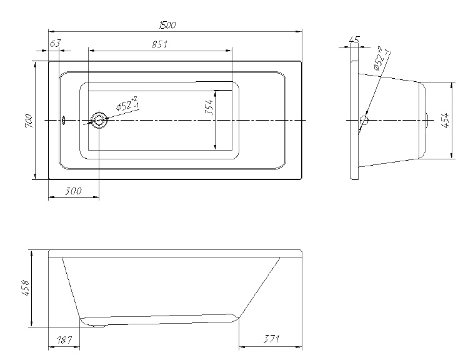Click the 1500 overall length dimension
(x=167, y=25)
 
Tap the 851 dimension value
(x=159, y=44)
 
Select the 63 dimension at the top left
(x=55, y=44)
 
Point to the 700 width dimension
(x=29, y=121)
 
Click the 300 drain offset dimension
(x=73, y=191)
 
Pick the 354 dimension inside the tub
(x=209, y=107)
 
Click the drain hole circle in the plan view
(x=99, y=121)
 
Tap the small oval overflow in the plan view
(x=63, y=121)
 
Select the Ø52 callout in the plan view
(x=127, y=104)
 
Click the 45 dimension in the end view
(x=354, y=39)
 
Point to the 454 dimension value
(x=447, y=121)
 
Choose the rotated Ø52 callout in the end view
(x=381, y=59)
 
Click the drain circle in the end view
(x=364, y=121)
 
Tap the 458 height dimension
(x=26, y=288)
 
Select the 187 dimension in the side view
(x=64, y=340)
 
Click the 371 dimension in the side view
(x=271, y=339)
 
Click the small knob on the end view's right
(x=427, y=121)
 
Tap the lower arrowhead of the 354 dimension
(x=215, y=147)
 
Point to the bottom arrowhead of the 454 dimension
(x=451, y=156)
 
